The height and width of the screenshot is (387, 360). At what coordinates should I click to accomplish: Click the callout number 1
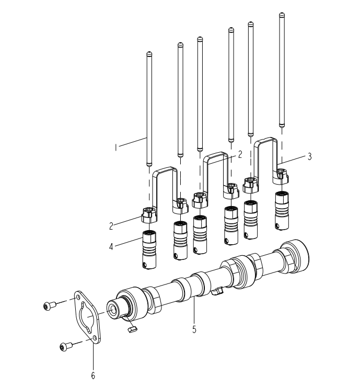coord(115,147)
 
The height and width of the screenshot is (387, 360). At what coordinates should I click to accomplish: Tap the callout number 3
coord(310,156)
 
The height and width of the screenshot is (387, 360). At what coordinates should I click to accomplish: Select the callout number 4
coord(111,246)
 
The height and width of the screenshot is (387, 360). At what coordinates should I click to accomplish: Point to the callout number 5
coord(194,329)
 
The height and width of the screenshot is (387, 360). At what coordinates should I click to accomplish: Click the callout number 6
coord(93,375)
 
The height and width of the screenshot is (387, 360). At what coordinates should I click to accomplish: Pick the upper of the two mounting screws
coord(49,306)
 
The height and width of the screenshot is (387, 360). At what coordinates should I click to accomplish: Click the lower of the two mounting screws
coord(66,346)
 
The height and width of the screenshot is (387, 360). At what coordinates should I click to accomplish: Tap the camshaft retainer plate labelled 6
coord(88,317)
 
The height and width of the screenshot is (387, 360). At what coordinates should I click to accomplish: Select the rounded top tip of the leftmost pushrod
coord(149,53)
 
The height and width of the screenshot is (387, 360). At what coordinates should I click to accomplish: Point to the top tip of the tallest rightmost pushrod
coord(282,15)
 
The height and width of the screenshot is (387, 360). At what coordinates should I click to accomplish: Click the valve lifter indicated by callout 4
coord(149,249)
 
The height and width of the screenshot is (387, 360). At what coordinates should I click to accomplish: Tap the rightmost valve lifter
coord(282,211)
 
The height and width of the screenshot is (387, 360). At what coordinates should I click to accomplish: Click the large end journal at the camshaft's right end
coord(296,256)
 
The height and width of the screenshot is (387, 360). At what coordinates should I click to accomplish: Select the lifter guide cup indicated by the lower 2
coord(149,215)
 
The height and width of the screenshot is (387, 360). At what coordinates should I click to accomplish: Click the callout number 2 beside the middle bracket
coord(239,154)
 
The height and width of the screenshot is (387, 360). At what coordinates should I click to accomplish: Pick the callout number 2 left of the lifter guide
coord(111,226)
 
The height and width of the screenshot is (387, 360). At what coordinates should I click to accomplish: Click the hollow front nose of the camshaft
coord(113,309)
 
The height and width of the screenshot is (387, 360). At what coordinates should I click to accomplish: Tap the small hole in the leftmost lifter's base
coord(145,265)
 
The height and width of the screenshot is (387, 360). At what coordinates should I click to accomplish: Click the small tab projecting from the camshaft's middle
coord(217,291)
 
